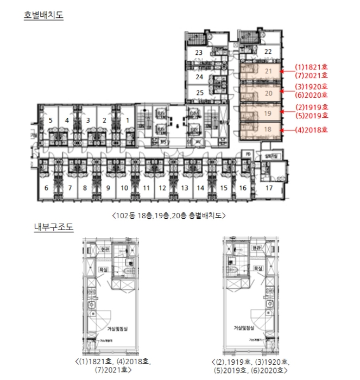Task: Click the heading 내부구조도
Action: [53, 227]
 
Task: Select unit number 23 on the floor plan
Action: [199, 53]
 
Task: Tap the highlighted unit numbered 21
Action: [268, 71]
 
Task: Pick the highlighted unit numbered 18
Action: [268, 130]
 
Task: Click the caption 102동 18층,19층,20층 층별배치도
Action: [168, 216]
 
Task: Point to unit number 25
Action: [199, 92]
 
